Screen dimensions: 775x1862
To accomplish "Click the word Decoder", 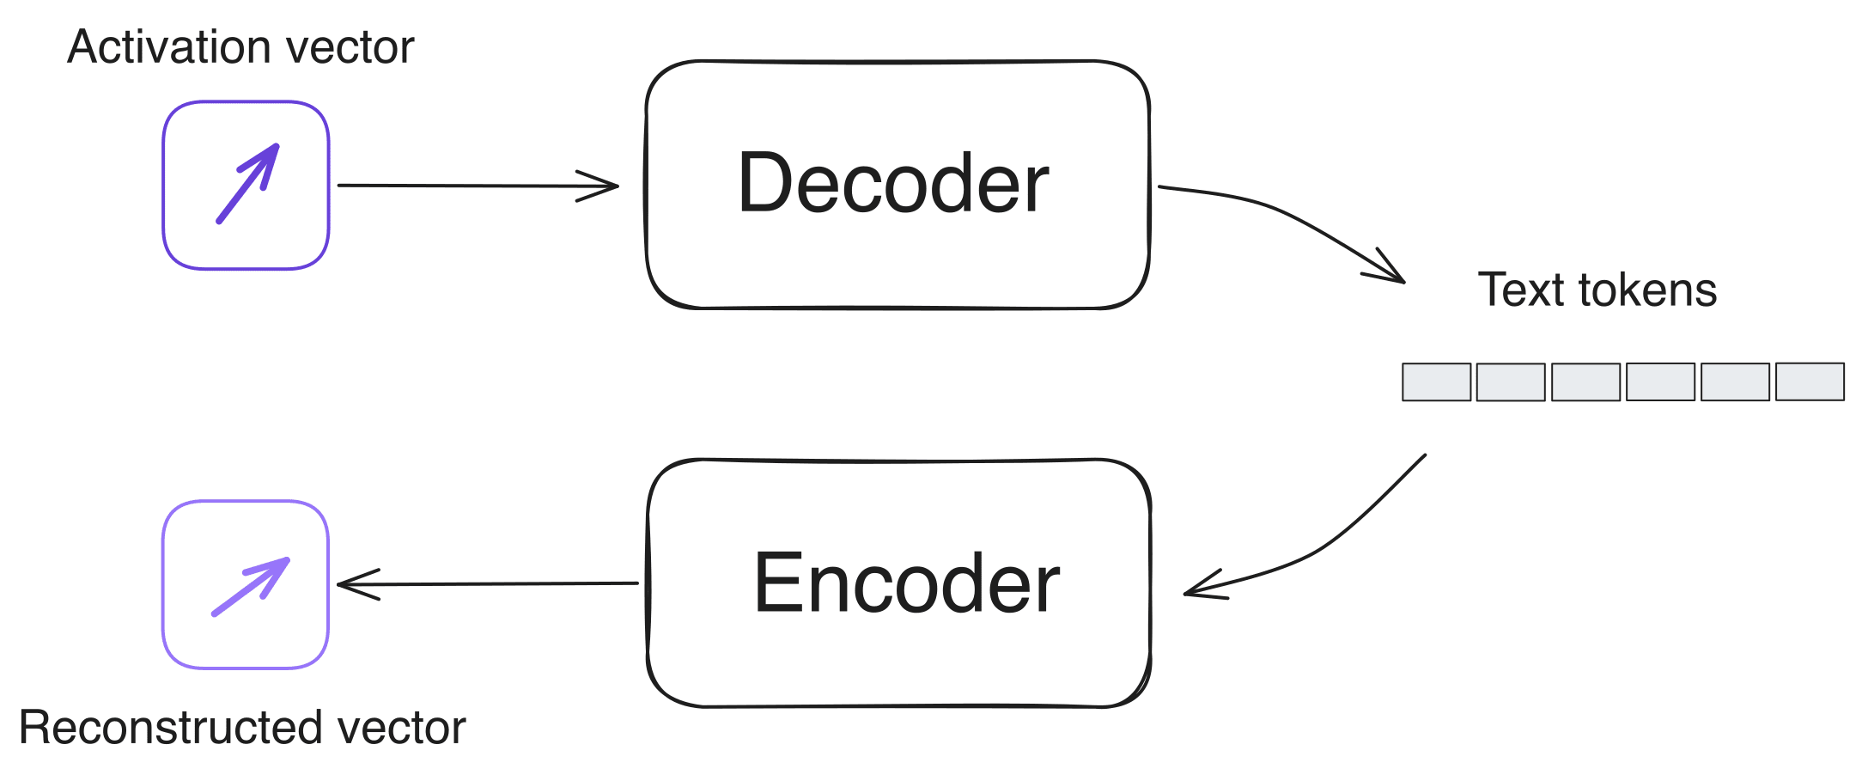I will point(893,183).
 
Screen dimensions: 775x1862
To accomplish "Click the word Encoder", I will point(906,583).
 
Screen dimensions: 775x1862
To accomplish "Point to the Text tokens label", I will point(1597,290).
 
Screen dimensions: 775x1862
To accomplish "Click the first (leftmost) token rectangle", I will point(1436,382).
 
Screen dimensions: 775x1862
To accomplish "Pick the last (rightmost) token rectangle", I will point(1810,381).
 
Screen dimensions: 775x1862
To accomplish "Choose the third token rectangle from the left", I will point(1585,382).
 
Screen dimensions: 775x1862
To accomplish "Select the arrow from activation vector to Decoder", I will point(477,186).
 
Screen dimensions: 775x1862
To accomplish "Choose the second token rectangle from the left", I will point(1511,382).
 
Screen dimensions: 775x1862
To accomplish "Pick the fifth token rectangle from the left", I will point(1735,382).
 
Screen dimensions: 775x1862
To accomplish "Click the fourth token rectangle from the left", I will point(1660,381).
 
